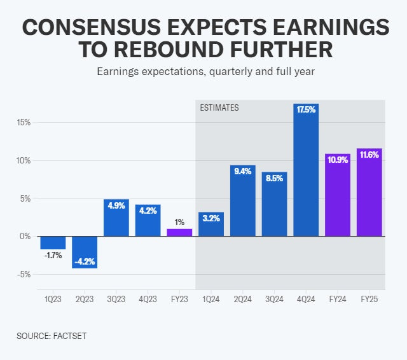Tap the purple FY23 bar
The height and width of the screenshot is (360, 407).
click(179, 233)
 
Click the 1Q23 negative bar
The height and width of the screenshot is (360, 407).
click(53, 242)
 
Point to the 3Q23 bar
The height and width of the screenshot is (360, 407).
click(116, 218)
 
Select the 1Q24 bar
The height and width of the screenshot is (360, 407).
click(211, 225)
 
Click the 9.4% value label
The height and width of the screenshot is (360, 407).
click(242, 171)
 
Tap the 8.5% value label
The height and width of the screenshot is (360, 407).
click(274, 178)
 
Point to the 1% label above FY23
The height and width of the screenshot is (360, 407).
click(179, 223)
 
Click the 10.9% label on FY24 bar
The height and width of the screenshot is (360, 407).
click(338, 160)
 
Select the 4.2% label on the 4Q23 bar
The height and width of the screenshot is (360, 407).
click(148, 211)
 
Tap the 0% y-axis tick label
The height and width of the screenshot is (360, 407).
click(25, 237)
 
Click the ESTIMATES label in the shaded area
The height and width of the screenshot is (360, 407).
click(219, 108)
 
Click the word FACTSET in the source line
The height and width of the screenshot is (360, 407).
click(68, 336)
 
